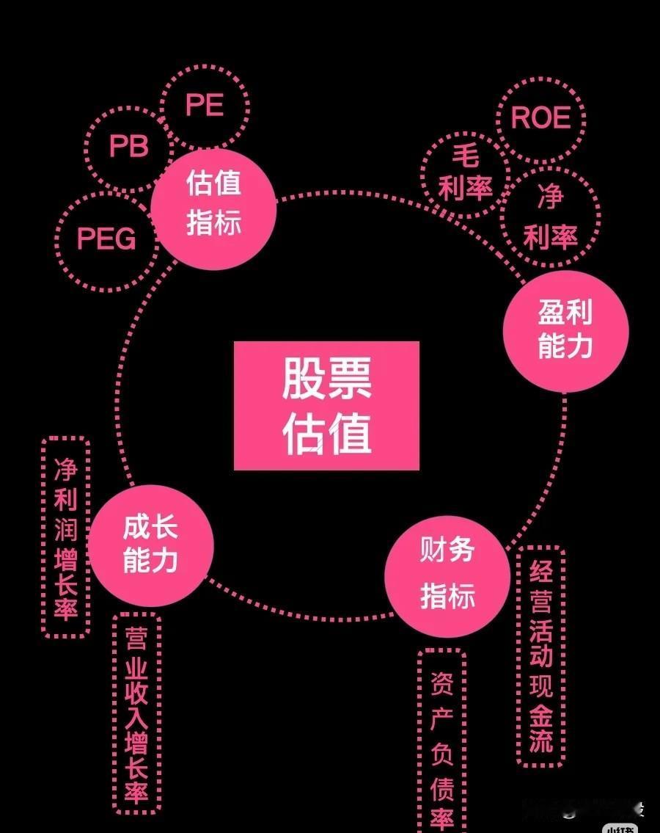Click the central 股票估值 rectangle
coord(326,405)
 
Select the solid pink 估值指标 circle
coord(213,204)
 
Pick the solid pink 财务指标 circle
coord(447,575)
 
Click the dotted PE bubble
coord(205,106)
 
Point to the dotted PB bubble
coord(128,147)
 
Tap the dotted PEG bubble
coord(106,239)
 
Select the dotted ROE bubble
coord(540,117)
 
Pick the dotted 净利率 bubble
coord(551,217)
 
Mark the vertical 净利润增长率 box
coord(66,537)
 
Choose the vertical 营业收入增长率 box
coord(136,713)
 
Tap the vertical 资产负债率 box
coord(441,741)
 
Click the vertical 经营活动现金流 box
coord(540,655)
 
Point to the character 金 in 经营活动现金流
coord(541,713)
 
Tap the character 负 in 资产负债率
coord(441,754)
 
